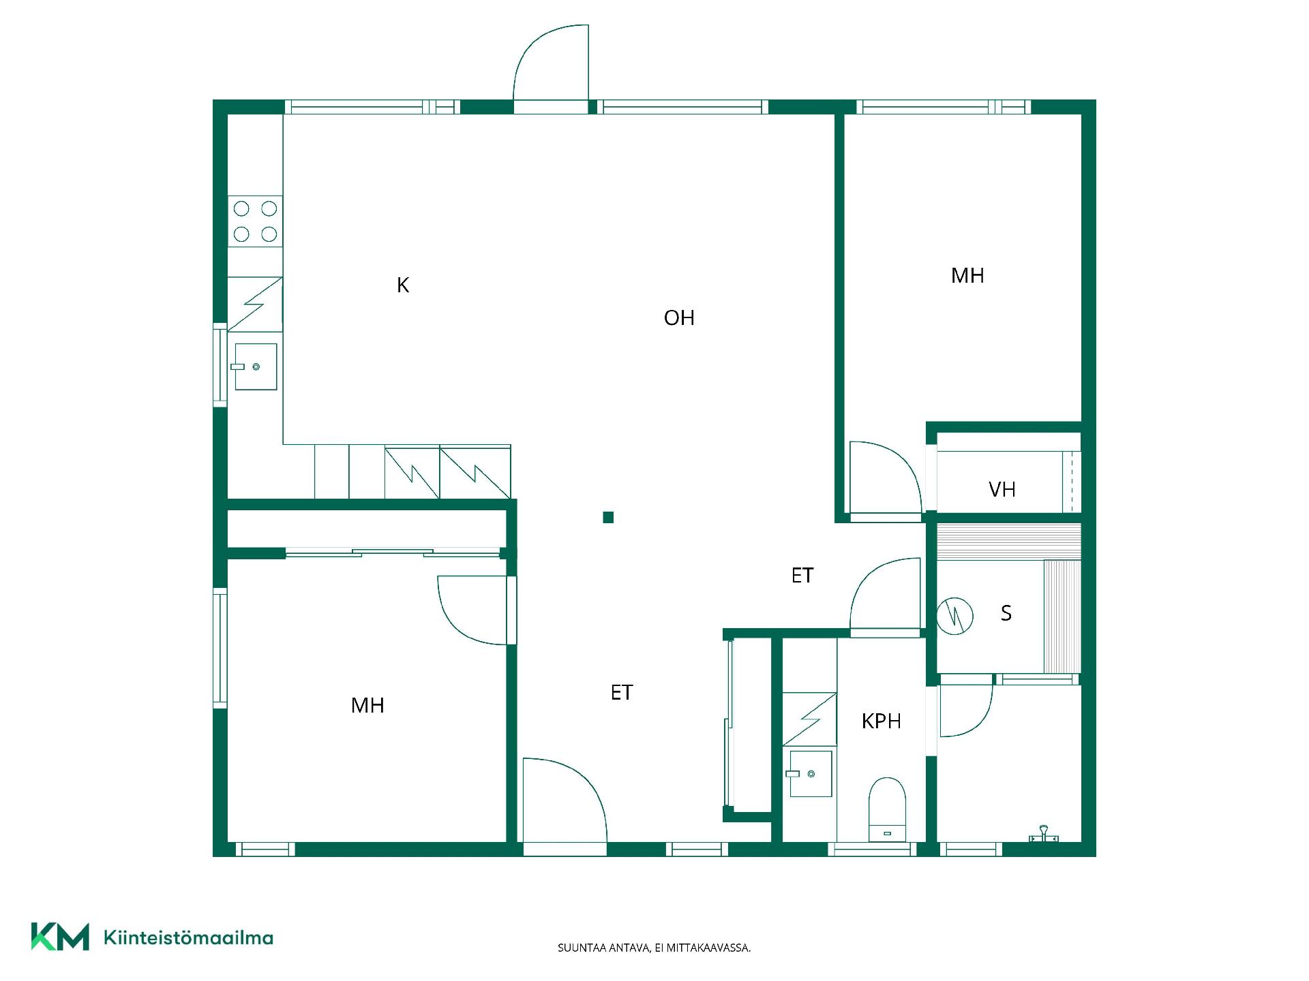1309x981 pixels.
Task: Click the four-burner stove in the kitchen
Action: point(255,221)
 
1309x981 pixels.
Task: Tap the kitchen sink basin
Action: point(256,367)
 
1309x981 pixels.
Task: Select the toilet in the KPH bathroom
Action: point(887,809)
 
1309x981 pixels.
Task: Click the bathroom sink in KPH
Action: point(811,773)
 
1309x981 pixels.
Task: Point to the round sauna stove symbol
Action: point(954,616)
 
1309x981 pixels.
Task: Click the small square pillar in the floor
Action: point(608,517)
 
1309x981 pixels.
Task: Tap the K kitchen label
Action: point(403,285)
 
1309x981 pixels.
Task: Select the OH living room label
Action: point(679,317)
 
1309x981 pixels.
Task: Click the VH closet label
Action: point(1002,489)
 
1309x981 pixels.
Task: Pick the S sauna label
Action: point(1006,613)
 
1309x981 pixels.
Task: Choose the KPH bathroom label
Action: point(882,721)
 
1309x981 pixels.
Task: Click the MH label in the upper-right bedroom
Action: point(967,275)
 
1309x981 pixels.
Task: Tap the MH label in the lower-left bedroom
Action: point(367,705)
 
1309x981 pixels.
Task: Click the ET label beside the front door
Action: point(622,692)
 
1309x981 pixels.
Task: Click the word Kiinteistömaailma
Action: point(188,937)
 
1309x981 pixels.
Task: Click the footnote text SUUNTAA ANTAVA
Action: point(603,948)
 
